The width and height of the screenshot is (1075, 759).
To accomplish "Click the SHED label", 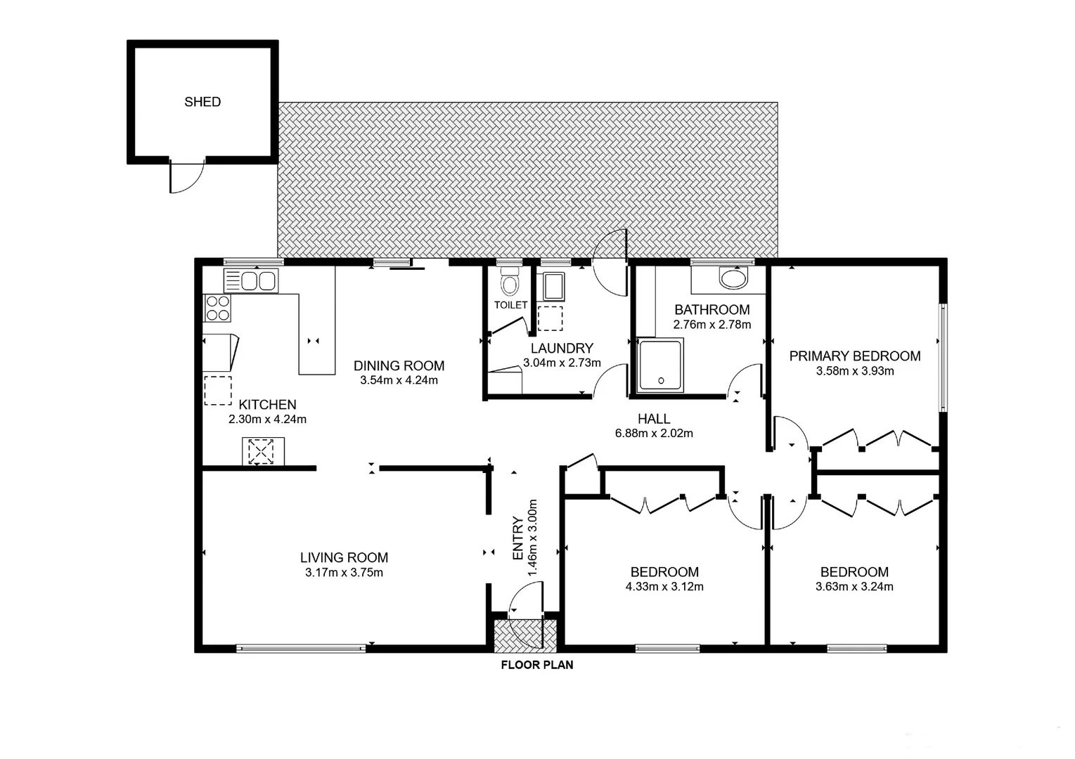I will coord(202,102).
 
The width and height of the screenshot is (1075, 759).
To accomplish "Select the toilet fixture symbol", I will coord(508,283).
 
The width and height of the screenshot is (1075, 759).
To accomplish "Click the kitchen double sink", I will coord(251,281).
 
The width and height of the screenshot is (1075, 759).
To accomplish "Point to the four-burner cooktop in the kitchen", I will coord(217,308).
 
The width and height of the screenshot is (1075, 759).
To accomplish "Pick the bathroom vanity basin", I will coord(734,279).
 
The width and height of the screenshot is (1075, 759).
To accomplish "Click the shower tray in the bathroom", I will coord(659,365).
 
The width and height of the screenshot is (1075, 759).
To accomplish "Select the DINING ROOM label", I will coord(399,365).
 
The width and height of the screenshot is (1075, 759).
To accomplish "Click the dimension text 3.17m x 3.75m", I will coord(344,573).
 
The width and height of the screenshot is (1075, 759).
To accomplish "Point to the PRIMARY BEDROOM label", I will coord(854,356).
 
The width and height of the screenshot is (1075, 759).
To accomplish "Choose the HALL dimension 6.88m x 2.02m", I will coord(654,434).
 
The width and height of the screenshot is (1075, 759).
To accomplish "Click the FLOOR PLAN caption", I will coord(536,665).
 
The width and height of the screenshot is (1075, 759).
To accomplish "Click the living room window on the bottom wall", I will coord(301,648).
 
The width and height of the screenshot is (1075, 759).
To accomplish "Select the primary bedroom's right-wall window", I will coord(944,357).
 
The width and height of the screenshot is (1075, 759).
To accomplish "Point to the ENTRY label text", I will coord(518,538).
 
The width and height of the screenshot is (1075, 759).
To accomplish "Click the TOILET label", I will coord(510,305).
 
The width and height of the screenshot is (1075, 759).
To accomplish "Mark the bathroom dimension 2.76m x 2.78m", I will coord(712,325).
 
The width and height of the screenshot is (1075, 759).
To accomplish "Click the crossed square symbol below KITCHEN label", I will coord(261,451).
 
